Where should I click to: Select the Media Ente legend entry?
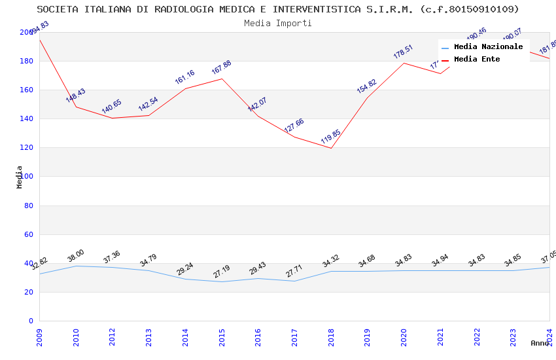[x=477, y=60]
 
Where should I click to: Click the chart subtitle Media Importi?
[x=278, y=24]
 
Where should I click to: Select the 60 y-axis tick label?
[x=28, y=234]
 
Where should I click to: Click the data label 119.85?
[x=330, y=137]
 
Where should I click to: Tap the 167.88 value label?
[x=221, y=67]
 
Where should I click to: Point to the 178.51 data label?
[x=403, y=52]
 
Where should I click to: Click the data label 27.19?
[x=221, y=272]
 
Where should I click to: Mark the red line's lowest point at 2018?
[x=331, y=148]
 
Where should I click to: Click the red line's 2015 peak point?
[x=222, y=79]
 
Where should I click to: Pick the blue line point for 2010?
[x=76, y=266]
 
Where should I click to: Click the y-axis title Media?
[x=20, y=177]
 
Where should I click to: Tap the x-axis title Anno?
[x=540, y=343]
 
